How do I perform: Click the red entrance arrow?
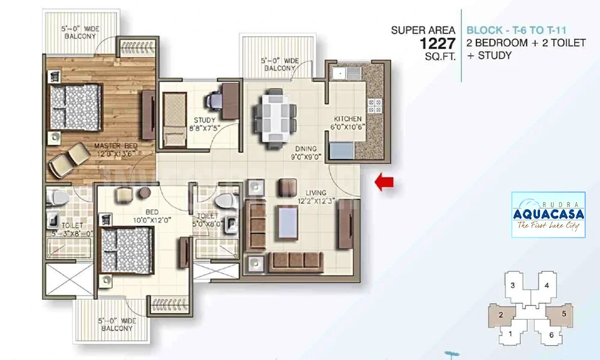click(384, 182)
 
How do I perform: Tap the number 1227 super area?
click(438, 44)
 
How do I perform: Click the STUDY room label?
click(205, 120)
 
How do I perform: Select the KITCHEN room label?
click(347, 119)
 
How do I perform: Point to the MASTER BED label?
click(116, 146)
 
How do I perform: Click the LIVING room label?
click(316, 193)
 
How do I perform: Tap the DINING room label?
click(306, 148)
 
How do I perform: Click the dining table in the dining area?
click(274, 119)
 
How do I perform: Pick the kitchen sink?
click(347, 73)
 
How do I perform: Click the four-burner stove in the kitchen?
click(374, 106)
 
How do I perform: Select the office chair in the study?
click(214, 100)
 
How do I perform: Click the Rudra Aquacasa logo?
click(548, 215)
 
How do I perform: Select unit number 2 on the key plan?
click(501, 315)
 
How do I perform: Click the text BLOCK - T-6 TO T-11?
click(516, 30)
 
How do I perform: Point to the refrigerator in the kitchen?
click(341, 151)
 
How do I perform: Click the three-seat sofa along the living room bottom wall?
click(296, 261)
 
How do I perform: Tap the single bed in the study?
click(175, 119)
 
